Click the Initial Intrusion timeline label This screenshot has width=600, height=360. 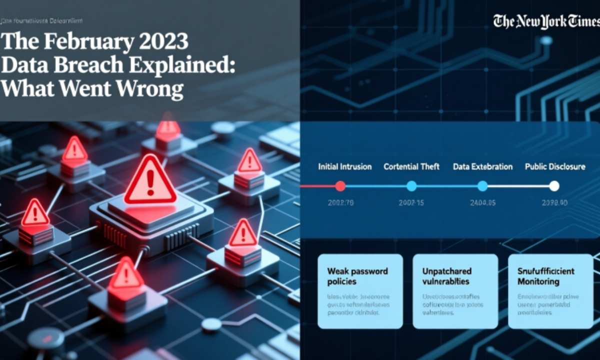click(344, 166)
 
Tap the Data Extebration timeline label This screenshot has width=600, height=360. click(482, 166)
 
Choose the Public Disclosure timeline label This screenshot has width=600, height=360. click(554, 166)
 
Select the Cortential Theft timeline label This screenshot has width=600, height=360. click(411, 166)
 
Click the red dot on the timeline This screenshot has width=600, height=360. click(340, 186)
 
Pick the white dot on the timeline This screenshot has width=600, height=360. click(554, 186)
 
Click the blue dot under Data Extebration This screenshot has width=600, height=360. click(482, 186)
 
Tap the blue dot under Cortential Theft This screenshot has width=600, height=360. click(411, 186)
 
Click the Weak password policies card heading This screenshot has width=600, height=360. click(357, 276)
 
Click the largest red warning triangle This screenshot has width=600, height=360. click(150, 180)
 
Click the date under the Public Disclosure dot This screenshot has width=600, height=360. click(554, 203)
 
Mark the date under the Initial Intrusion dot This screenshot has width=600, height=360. click(340, 203)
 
